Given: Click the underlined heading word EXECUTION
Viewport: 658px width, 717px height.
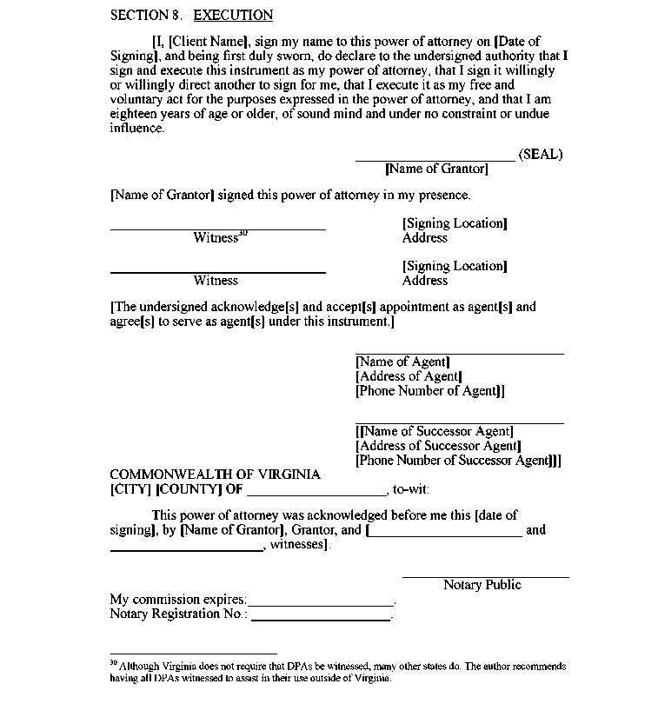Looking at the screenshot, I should click(x=233, y=15).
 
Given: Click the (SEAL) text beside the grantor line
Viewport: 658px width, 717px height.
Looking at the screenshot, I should click(x=541, y=155).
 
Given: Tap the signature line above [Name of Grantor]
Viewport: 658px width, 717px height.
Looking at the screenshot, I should click(x=435, y=161).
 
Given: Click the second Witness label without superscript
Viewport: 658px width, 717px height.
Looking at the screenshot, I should click(x=216, y=281).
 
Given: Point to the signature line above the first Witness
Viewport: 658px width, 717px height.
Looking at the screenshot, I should click(x=217, y=229).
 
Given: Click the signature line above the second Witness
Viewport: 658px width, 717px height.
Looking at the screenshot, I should click(x=217, y=273).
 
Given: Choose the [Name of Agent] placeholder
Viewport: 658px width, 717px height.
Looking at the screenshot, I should click(x=402, y=362).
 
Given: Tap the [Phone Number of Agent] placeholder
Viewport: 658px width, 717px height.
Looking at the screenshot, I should click(x=429, y=391).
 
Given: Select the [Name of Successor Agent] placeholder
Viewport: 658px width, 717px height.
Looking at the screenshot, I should click(x=435, y=431).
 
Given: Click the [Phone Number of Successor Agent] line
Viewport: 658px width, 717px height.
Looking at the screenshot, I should click(x=458, y=461).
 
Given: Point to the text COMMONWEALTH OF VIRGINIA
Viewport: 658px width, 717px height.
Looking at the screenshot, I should click(x=215, y=475).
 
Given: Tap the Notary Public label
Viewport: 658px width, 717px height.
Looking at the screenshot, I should click(x=482, y=585).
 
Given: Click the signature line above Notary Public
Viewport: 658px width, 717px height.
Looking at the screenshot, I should click(x=485, y=577).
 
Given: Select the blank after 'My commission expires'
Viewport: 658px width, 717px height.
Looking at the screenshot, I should click(x=321, y=605).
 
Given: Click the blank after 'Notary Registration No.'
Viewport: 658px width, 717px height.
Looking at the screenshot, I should click(x=321, y=620).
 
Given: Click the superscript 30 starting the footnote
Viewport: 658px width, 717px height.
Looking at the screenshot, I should click(x=113, y=662).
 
